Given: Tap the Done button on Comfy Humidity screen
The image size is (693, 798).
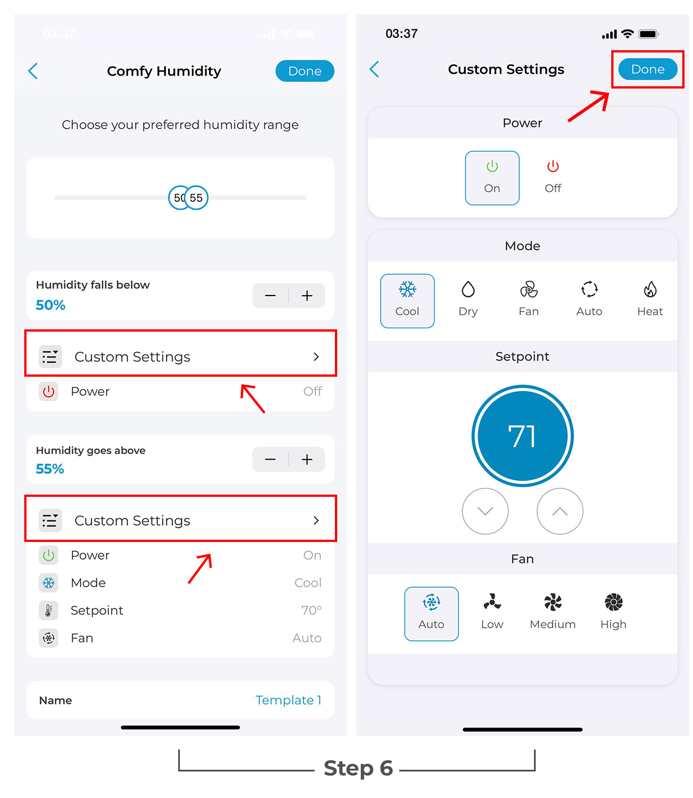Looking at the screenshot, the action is click(304, 71).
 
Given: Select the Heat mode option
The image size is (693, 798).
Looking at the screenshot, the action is click(650, 299).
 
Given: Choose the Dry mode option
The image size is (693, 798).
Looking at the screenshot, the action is click(467, 299).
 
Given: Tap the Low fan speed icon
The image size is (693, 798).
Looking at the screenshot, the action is click(492, 602).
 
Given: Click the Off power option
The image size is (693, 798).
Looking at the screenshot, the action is click(553, 177).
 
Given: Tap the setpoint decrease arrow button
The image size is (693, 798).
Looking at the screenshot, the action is click(485, 511).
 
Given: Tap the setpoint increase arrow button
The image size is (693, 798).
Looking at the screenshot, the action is click(559, 511).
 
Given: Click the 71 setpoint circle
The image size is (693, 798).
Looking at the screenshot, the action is click(522, 436).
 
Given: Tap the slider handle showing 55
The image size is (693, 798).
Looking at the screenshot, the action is click(196, 197).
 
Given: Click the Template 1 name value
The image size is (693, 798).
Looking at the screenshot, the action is click(288, 700).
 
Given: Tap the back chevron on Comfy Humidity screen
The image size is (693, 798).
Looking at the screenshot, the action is click(33, 71).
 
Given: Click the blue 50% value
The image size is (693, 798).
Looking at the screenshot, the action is click(50, 305).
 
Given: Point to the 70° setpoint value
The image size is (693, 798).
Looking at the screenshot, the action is click(311, 610).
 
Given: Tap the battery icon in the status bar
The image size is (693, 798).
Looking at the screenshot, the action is click(648, 34).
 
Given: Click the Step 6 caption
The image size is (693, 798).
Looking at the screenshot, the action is click(358, 768).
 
